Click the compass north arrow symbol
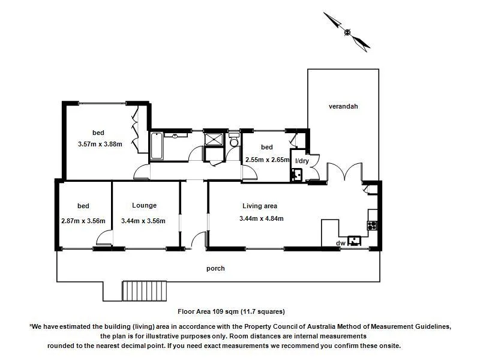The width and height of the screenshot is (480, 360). pyautogui.click(x=347, y=31)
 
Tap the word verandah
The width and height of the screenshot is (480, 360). pyautogui.click(x=343, y=106)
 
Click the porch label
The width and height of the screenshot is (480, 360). pyautogui.click(x=215, y=268)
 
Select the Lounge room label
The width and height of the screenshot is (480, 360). pyautogui.click(x=144, y=205)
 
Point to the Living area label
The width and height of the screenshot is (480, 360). pyautogui.click(x=259, y=206)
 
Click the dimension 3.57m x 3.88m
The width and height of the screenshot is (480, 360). pyautogui.click(x=100, y=144)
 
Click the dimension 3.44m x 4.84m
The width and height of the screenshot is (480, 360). pyautogui.click(x=261, y=218)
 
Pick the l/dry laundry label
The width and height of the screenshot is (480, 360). pyautogui.click(x=301, y=161)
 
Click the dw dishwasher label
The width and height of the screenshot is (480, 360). pyautogui.click(x=340, y=242)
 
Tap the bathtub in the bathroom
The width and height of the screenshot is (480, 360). pyautogui.click(x=156, y=146)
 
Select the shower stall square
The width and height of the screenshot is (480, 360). pyautogui.click(x=213, y=139)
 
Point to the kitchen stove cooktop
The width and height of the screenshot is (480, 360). pyautogui.click(x=372, y=226)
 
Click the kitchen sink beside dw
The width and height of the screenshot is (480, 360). pyautogui.click(x=356, y=241)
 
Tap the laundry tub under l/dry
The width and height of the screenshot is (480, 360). pyautogui.click(x=296, y=175)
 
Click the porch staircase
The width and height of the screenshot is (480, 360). pyautogui.click(x=143, y=291)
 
